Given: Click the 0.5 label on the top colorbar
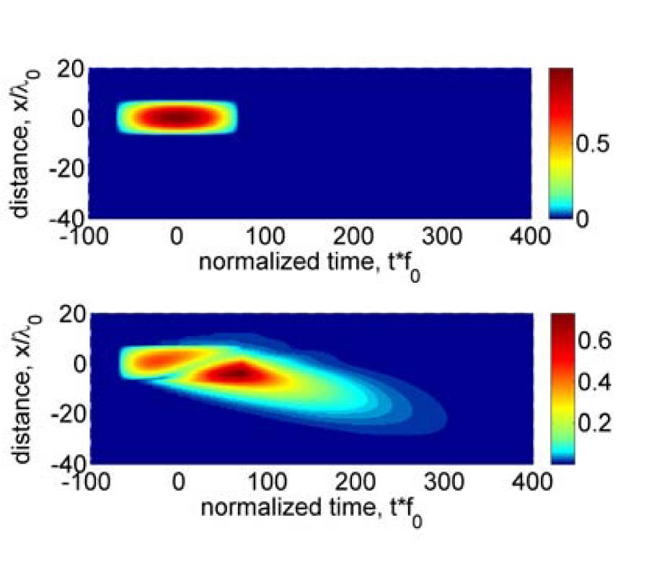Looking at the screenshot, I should point(593,145).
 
